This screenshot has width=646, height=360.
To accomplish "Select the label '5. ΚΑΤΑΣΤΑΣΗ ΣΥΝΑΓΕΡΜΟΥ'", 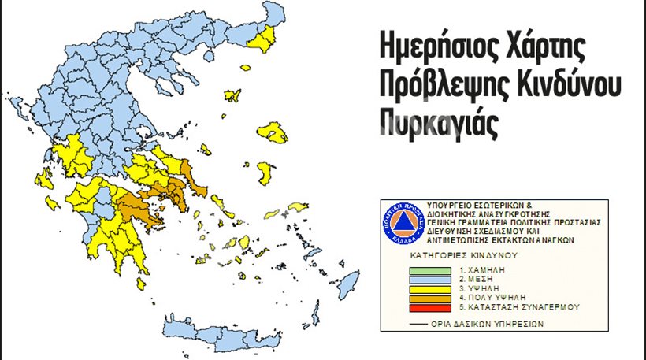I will (512, 306).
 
